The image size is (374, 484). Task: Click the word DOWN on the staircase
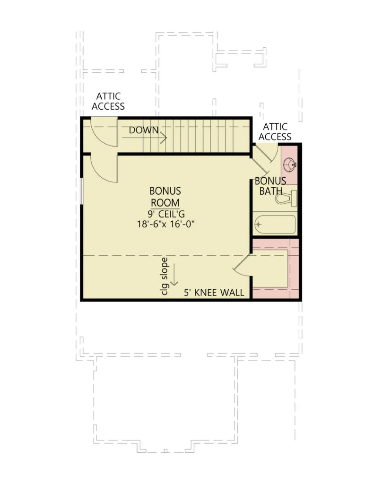(x=143, y=130)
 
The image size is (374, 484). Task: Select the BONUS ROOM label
(x=165, y=197)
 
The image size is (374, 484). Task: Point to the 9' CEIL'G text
(x=165, y=214)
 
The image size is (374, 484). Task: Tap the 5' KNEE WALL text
(x=214, y=293)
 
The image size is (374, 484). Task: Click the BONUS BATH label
(x=270, y=186)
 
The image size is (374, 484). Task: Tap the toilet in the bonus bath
(x=286, y=198)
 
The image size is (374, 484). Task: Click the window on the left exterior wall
(x=82, y=191)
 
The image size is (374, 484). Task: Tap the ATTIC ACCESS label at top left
(x=108, y=102)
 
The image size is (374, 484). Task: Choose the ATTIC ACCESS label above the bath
(x=277, y=132)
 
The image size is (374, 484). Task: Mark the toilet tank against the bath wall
(x=294, y=198)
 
